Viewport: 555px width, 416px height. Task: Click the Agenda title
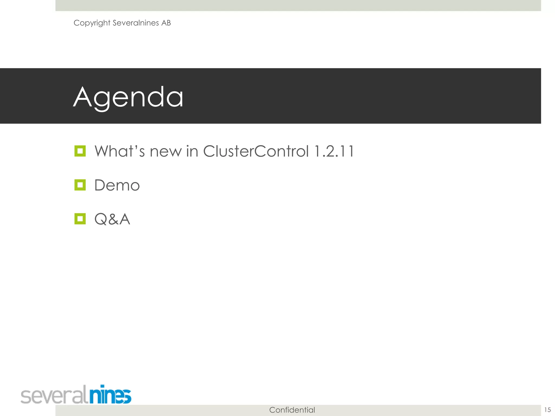click(x=128, y=97)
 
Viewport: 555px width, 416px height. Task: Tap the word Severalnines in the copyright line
click(x=135, y=23)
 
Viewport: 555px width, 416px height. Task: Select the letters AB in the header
click(x=166, y=23)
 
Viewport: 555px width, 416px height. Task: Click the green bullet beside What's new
click(x=80, y=151)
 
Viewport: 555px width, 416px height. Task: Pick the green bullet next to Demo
click(x=80, y=185)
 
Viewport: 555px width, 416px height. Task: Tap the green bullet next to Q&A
click(x=80, y=219)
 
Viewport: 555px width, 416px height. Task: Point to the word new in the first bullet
click(x=166, y=152)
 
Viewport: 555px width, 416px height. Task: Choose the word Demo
click(x=117, y=185)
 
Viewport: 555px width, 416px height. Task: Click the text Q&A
click(x=112, y=219)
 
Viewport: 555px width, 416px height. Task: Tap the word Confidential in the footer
click(x=292, y=410)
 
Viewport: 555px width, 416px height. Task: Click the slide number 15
click(x=547, y=410)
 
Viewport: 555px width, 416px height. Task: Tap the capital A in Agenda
click(x=83, y=97)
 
